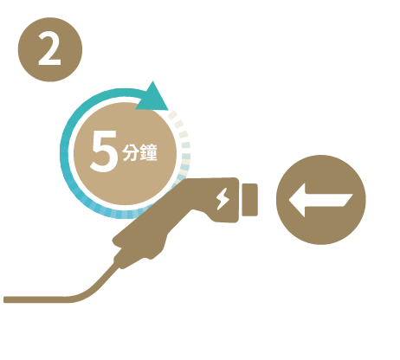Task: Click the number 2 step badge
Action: pyautogui.click(x=50, y=49)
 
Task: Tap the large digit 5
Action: pyautogui.click(x=104, y=151)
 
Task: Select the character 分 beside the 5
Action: pyautogui.click(x=130, y=152)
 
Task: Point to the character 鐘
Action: pyautogui.click(x=148, y=152)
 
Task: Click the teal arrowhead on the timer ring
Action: pyautogui.click(x=152, y=98)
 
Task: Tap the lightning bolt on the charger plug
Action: pyautogui.click(x=223, y=199)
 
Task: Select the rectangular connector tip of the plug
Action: pyautogui.click(x=249, y=200)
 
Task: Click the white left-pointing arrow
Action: pyautogui.click(x=320, y=200)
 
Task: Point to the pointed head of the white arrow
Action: pyautogui.click(x=289, y=200)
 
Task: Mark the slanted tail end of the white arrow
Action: pyautogui.click(x=349, y=200)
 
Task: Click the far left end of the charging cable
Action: pyautogui.click(x=4, y=299)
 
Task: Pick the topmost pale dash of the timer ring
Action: pyautogui.click(x=172, y=114)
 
